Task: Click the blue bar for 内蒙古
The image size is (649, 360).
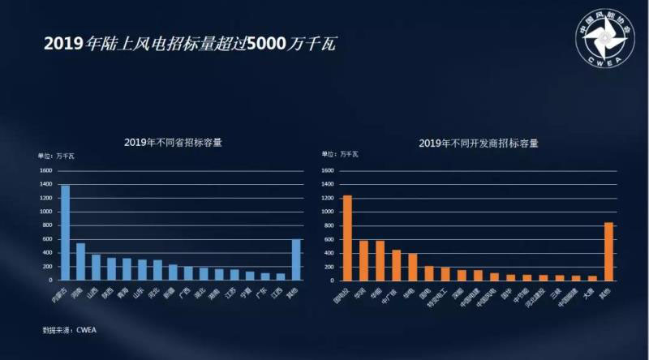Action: tap(66, 233)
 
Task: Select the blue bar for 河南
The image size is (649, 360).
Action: tap(80, 261)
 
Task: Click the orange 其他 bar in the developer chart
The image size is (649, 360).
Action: tap(609, 251)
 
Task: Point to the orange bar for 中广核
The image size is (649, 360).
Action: tap(396, 265)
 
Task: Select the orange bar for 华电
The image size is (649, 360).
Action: tap(412, 267)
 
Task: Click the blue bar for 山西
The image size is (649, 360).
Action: tap(96, 268)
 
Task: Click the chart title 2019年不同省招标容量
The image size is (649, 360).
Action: tap(173, 142)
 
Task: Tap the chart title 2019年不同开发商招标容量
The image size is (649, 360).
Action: tap(478, 143)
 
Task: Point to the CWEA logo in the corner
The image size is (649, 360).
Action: tap(608, 37)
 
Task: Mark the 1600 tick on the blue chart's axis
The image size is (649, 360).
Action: tap(45, 171)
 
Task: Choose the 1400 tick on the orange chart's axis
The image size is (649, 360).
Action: tap(328, 185)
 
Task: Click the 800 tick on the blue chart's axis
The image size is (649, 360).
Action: tap(47, 226)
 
